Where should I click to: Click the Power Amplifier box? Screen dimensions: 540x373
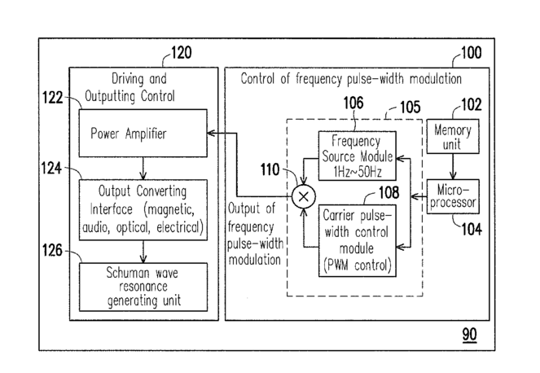click(143, 134)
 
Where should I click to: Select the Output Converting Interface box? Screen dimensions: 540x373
click(143, 210)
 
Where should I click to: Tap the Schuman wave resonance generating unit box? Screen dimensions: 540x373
click(143, 287)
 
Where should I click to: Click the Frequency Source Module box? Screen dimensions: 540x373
click(357, 156)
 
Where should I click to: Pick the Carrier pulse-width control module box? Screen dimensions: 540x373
click(357, 241)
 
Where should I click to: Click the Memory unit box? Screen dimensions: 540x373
click(453, 136)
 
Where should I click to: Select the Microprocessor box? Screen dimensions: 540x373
click(453, 196)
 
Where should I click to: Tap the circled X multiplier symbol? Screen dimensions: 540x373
click(304, 197)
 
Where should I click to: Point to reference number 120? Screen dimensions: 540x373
click(182, 53)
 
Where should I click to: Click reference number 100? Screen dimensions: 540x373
click(471, 53)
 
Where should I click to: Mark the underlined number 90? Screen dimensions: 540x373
click(469, 335)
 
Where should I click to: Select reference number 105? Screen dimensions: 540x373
click(410, 108)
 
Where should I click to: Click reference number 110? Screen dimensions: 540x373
click(270, 169)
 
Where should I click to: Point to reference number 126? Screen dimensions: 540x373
click(52, 250)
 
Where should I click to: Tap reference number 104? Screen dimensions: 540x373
click(472, 229)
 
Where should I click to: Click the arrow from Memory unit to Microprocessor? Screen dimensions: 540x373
click(453, 166)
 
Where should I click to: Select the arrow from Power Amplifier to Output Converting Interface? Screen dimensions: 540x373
click(143, 169)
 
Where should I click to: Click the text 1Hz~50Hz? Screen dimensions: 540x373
click(358, 172)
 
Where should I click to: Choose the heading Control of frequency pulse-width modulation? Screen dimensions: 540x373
click(351, 79)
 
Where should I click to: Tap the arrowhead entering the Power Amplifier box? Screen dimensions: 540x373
click(211, 133)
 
